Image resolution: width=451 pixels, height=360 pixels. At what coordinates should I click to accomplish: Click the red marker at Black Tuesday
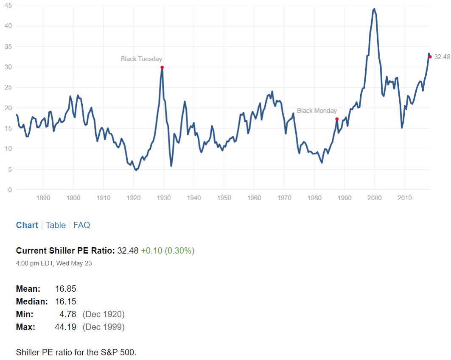pyautogui.click(x=162, y=67)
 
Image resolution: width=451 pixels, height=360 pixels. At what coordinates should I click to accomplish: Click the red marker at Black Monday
pyautogui.click(x=337, y=119)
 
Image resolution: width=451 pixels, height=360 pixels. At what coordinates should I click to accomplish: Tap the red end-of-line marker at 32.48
pyautogui.click(x=430, y=57)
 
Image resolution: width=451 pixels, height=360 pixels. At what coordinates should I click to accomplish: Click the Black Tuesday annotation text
pyautogui.click(x=141, y=59)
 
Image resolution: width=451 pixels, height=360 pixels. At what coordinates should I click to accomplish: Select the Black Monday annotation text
pyautogui.click(x=317, y=111)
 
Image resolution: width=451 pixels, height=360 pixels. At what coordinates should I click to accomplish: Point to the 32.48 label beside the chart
pyautogui.click(x=442, y=57)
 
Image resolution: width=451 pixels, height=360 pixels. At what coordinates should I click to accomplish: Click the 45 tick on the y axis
pyautogui.click(x=8, y=5)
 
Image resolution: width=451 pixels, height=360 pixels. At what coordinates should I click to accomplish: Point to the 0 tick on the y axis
pyautogui.click(x=10, y=190)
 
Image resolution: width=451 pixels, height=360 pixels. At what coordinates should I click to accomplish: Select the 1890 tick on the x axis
pyautogui.click(x=43, y=198)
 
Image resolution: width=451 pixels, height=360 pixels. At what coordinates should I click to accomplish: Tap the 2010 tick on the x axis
pyautogui.click(x=404, y=198)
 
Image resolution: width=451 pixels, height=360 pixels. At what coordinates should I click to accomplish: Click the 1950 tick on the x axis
pyautogui.click(x=224, y=198)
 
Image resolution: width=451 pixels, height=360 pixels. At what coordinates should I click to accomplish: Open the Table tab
pyautogui.click(x=56, y=225)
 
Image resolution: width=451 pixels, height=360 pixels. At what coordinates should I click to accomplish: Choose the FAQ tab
pyautogui.click(x=81, y=225)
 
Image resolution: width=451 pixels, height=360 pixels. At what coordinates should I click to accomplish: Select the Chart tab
pyautogui.click(x=27, y=225)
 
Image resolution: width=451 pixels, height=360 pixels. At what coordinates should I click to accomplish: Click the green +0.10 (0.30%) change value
pyautogui.click(x=168, y=251)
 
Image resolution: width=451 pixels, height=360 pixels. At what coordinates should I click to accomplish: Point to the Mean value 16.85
pyautogui.click(x=65, y=289)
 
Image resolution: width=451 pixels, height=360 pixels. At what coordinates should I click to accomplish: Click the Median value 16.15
pyautogui.click(x=65, y=301)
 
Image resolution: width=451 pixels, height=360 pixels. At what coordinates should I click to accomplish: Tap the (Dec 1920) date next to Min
pyautogui.click(x=103, y=314)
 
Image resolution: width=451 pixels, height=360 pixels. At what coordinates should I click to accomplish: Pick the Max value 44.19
pyautogui.click(x=65, y=327)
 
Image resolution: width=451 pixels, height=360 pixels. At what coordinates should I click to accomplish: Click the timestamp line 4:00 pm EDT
pyautogui.click(x=54, y=263)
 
